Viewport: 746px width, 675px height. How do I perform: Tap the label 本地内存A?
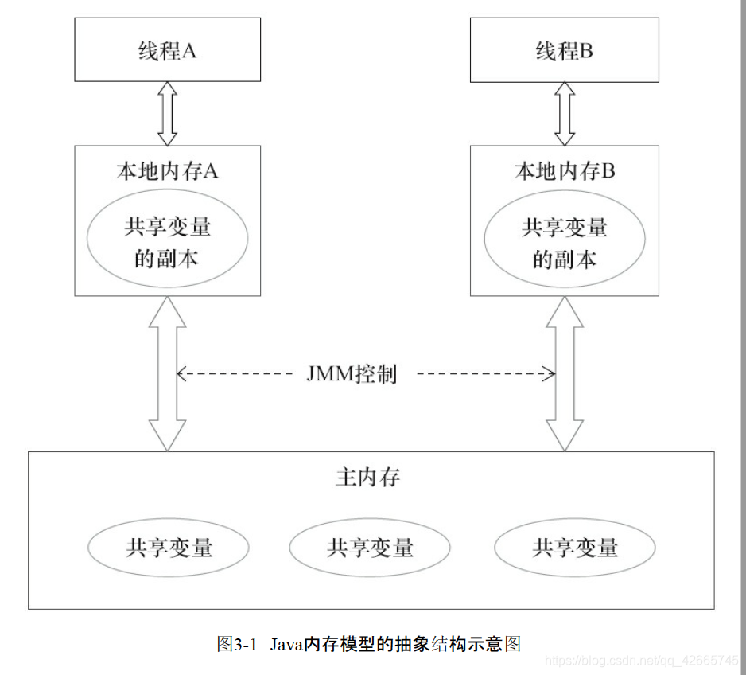(167, 171)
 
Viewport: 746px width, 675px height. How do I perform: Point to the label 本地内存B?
(564, 171)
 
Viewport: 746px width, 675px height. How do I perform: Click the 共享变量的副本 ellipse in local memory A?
(167, 242)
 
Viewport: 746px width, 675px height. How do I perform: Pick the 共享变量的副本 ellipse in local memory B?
(564, 242)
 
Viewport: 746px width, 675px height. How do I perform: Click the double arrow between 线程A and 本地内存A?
(167, 113)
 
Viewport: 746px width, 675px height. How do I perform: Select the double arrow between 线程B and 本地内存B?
(564, 113)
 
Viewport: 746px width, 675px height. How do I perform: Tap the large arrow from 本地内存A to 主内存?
(167, 373)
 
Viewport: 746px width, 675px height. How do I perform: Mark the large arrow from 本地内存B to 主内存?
(564, 373)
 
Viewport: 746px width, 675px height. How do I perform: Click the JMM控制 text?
(351, 373)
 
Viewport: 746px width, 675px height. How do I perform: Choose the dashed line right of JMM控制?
(485, 373)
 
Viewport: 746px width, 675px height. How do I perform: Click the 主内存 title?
(367, 477)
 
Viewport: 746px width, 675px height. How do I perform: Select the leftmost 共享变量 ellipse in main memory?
(168, 548)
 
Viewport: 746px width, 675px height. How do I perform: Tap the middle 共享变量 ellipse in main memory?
(370, 548)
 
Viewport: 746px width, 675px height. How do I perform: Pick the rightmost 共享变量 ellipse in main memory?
(574, 548)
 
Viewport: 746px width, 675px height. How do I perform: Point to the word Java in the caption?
(288, 643)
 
